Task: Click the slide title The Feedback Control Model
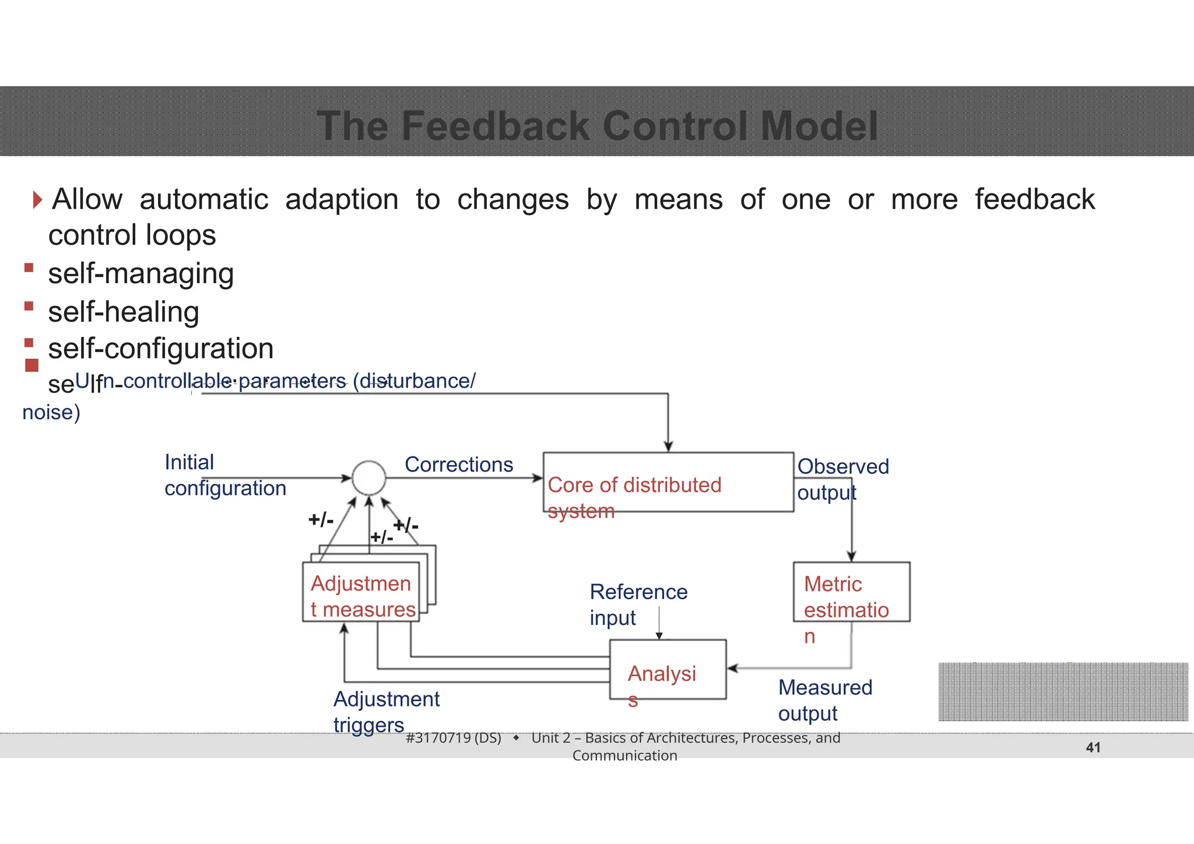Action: pyautogui.click(x=597, y=126)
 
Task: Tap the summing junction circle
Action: pyautogui.click(x=368, y=478)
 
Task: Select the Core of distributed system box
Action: pyautogui.click(x=668, y=483)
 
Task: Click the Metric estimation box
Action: pyautogui.click(x=851, y=592)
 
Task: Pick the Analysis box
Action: pyautogui.click(x=668, y=669)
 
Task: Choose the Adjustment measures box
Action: pyautogui.click(x=361, y=592)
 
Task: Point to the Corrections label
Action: pyautogui.click(x=459, y=465)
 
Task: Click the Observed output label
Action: pyautogui.click(x=842, y=479)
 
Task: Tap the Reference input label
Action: pyautogui.click(x=638, y=604)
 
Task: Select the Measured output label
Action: pyautogui.click(x=824, y=700)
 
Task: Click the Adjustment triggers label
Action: pyautogui.click(x=386, y=712)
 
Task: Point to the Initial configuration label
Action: pyautogui.click(x=224, y=475)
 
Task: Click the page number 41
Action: pyautogui.click(x=1093, y=747)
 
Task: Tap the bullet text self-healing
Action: pyautogui.click(x=124, y=312)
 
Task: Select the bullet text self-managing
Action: pyautogui.click(x=141, y=273)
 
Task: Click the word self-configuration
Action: pyautogui.click(x=161, y=349)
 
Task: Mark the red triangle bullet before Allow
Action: pyautogui.click(x=38, y=200)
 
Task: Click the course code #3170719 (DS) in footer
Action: pyautogui.click(x=453, y=738)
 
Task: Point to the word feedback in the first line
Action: pyautogui.click(x=1035, y=199)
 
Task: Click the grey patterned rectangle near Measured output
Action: pyautogui.click(x=1063, y=692)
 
